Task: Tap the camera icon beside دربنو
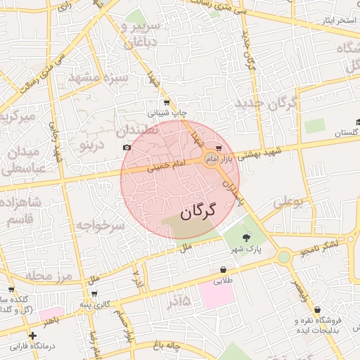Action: pos(127,148)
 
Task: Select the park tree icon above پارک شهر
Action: pos(245,238)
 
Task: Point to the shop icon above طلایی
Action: pos(224,269)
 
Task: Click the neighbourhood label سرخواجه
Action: pos(100,226)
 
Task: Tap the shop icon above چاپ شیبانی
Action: pos(167,103)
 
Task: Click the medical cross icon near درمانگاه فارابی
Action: pos(32,336)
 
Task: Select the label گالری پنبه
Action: pos(95,304)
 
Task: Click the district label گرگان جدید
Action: pos(268,103)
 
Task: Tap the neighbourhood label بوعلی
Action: pos(288,202)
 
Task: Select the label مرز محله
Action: pos(49,275)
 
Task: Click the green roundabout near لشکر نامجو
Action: pos(283,257)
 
